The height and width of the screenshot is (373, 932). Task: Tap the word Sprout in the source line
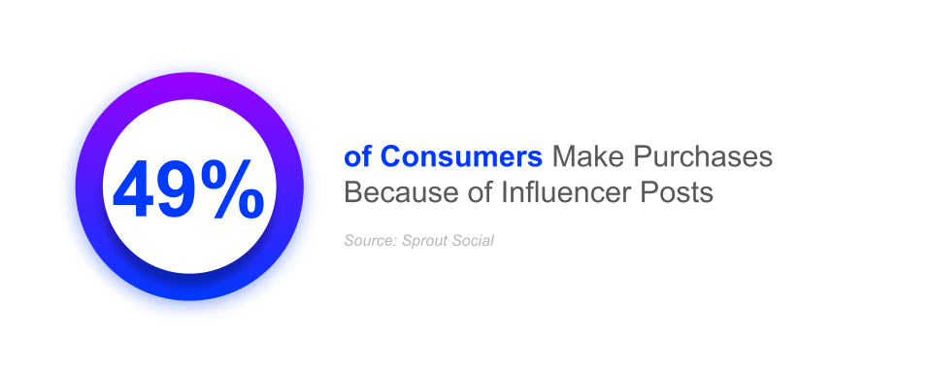click(x=422, y=240)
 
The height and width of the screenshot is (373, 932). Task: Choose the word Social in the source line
click(x=472, y=240)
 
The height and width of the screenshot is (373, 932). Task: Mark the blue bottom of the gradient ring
click(x=189, y=288)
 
